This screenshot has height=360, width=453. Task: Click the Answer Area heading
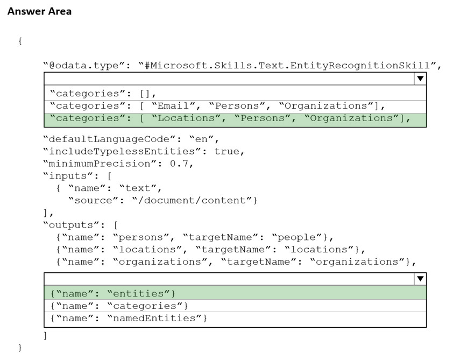click(x=40, y=11)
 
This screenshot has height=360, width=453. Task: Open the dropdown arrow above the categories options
click(x=420, y=79)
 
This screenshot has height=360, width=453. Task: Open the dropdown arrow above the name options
click(x=420, y=279)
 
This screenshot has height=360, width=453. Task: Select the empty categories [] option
click(x=103, y=94)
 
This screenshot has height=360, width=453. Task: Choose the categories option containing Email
click(x=217, y=106)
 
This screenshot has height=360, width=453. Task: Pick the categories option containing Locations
click(x=230, y=118)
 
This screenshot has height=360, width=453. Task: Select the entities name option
click(x=113, y=294)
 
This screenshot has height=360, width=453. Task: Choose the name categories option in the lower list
click(x=119, y=306)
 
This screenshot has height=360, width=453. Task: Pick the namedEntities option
click(x=129, y=319)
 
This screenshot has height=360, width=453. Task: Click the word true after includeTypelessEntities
click(x=227, y=151)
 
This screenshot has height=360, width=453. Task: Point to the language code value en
click(x=201, y=139)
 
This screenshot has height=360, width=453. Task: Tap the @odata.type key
click(x=84, y=66)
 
